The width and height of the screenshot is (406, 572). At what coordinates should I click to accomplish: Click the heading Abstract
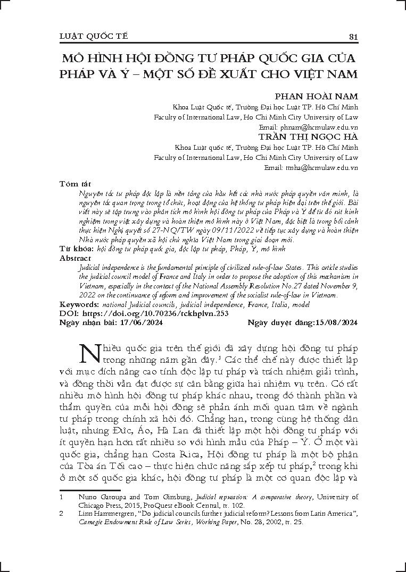tap(76, 258)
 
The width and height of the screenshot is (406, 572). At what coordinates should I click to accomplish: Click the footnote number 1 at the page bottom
tap(62, 497)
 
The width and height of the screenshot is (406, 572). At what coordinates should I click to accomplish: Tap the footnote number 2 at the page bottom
tap(62, 514)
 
